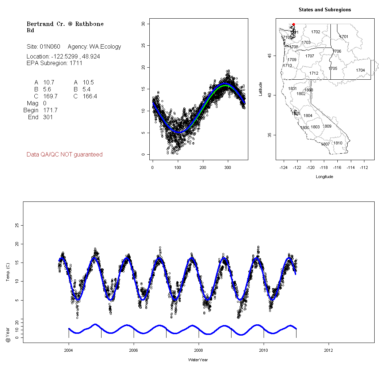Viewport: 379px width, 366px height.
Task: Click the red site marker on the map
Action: tap(294, 24)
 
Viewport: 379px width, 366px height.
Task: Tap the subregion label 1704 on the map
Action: tap(360, 70)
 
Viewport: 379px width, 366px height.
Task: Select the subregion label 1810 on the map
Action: tap(338, 143)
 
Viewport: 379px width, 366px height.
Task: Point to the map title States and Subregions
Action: tap(325, 10)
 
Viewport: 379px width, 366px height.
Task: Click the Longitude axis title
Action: tap(324, 177)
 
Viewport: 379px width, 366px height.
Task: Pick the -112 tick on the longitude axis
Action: tap(364, 167)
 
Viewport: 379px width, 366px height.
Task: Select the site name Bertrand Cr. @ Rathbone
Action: tap(65, 24)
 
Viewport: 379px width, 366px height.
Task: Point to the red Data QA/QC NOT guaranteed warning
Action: tap(65, 155)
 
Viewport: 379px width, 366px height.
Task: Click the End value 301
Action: tap(47, 117)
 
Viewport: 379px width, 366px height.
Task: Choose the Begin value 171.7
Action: tap(50, 110)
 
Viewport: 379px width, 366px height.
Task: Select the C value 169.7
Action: tap(50, 97)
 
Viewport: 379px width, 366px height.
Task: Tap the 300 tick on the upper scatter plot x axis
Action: tap(228, 167)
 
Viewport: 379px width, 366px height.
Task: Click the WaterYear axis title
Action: tap(198, 360)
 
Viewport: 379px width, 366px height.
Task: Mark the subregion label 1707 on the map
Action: tap(310, 56)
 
